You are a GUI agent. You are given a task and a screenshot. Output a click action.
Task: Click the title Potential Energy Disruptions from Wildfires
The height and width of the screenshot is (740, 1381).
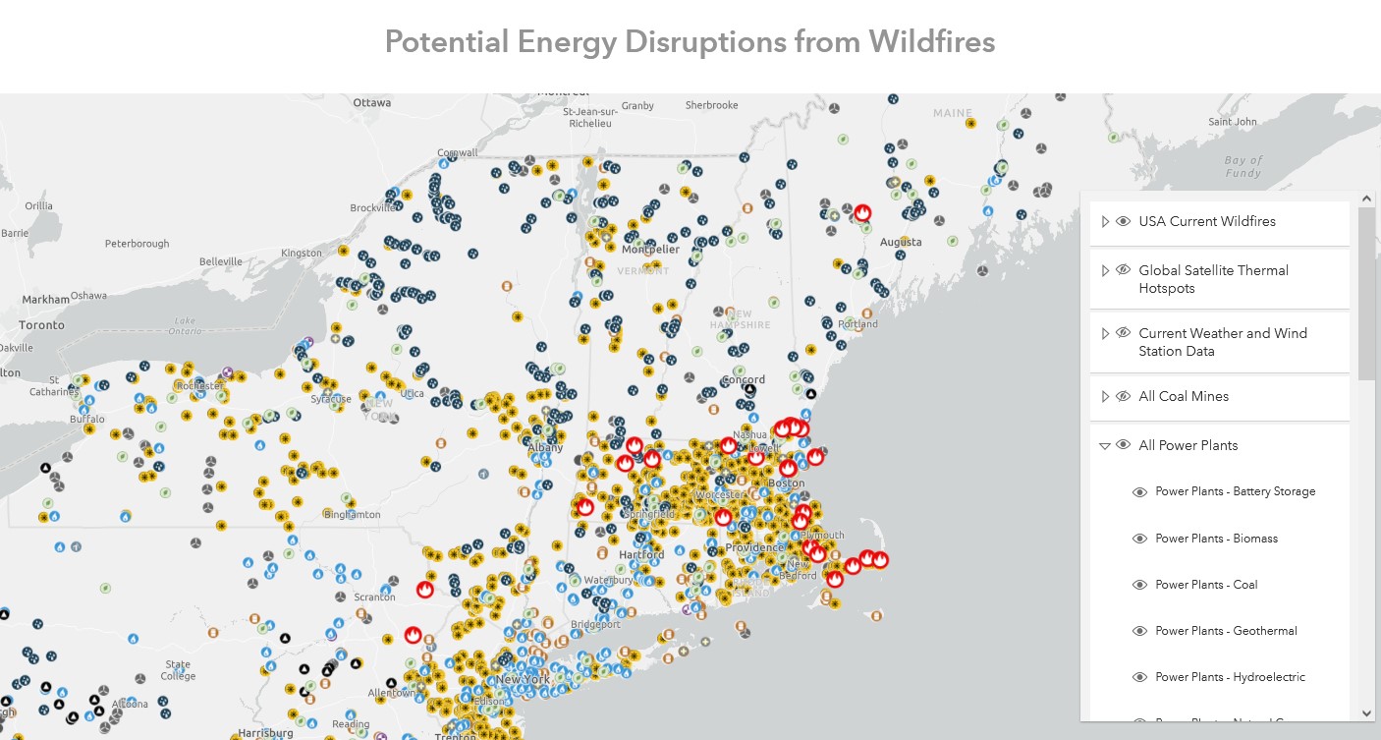click(x=690, y=42)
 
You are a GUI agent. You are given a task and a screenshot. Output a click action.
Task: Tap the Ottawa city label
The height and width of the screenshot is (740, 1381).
click(x=371, y=102)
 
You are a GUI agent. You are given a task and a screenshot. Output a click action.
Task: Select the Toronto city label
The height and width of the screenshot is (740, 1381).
click(x=41, y=325)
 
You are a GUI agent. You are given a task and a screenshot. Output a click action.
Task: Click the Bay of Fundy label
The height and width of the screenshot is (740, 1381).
click(x=1243, y=166)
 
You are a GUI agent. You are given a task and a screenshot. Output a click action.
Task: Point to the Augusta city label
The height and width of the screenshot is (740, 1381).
click(x=900, y=242)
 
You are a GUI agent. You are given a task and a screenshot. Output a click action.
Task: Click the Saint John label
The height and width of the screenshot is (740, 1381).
click(x=1232, y=122)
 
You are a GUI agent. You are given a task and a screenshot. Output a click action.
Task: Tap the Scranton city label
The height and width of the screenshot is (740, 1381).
click(x=374, y=597)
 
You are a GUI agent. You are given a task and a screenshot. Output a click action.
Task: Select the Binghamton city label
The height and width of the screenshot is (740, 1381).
click(x=352, y=515)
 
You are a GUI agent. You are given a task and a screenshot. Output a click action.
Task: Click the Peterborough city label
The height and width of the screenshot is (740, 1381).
click(x=137, y=244)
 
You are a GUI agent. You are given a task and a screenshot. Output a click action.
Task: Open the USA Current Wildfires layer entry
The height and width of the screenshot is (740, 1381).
click(x=1206, y=222)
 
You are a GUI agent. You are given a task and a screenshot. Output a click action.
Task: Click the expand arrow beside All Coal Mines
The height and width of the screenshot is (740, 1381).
click(x=1105, y=397)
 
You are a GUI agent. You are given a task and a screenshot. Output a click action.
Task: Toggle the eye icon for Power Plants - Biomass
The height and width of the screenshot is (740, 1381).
click(x=1139, y=539)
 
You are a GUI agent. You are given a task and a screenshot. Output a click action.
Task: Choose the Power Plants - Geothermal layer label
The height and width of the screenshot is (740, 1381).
click(x=1226, y=631)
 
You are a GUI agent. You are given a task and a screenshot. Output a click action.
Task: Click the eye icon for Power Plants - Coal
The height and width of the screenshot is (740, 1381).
click(x=1139, y=585)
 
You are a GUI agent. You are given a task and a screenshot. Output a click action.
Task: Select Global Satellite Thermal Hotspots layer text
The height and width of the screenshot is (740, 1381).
click(x=1213, y=279)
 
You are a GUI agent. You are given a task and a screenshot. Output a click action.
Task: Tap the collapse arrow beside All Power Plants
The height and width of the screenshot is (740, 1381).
click(x=1105, y=446)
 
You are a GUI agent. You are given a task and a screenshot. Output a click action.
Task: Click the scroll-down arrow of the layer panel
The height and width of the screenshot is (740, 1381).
click(x=1366, y=713)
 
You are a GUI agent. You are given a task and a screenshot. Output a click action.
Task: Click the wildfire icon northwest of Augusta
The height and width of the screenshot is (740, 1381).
click(x=862, y=213)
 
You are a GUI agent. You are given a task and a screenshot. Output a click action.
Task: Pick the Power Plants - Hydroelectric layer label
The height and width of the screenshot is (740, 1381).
click(x=1230, y=677)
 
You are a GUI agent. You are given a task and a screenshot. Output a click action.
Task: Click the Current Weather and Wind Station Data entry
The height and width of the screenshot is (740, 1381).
click(x=1222, y=342)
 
